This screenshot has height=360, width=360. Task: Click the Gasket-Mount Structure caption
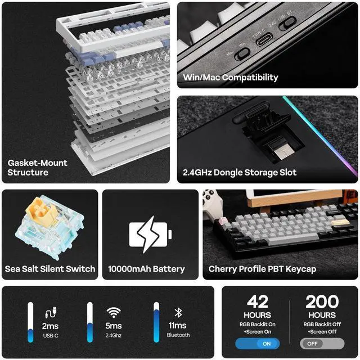click(x=37, y=167)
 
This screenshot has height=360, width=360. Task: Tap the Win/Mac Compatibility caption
click(x=231, y=77)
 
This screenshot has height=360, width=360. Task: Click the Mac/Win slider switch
click(x=242, y=54)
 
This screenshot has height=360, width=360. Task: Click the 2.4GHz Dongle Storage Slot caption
click(x=240, y=172)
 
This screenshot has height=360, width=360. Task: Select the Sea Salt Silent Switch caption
click(x=49, y=268)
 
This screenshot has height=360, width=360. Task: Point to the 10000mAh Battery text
click(x=146, y=268)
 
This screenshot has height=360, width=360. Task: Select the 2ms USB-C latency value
click(x=51, y=326)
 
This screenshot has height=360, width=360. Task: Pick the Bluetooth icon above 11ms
click(x=177, y=312)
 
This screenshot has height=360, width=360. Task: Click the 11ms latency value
click(x=178, y=326)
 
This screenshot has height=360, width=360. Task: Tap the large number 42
click(x=257, y=302)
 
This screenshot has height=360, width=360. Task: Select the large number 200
click(x=322, y=302)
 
